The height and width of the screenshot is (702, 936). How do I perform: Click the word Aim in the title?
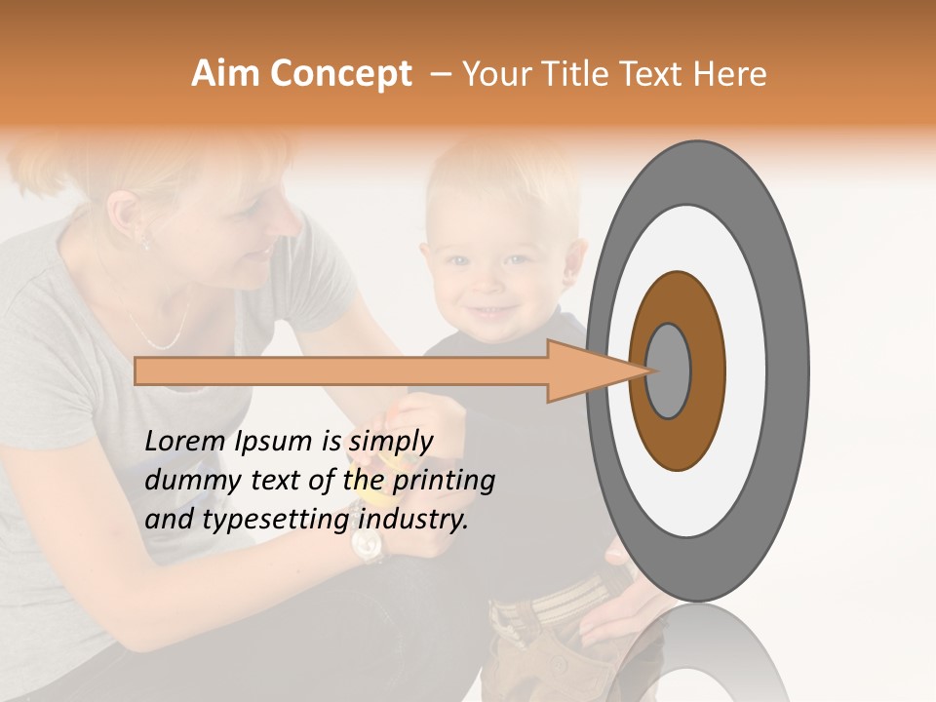pos(224,74)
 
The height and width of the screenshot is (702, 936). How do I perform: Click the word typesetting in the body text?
pos(276,521)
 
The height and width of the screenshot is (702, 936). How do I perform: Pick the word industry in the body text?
pos(411,519)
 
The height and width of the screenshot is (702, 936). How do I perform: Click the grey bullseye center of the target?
pos(668,370)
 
